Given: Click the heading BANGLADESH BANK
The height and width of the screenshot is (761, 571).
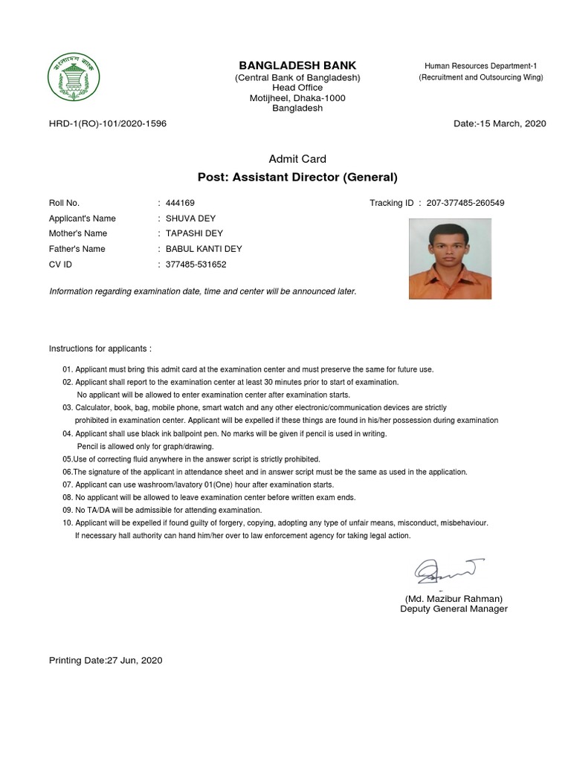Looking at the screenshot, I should pyautogui.click(x=297, y=65).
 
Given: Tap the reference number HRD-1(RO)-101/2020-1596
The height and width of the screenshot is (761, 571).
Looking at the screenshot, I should pyautogui.click(x=108, y=123).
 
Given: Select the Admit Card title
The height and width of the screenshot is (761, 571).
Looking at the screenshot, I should pyautogui.click(x=297, y=159).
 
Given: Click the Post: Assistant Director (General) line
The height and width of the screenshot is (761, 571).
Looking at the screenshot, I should pyautogui.click(x=297, y=177).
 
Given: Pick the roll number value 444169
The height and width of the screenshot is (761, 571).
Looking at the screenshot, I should pyautogui.click(x=181, y=203).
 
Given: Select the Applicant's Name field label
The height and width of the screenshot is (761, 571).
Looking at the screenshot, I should pyautogui.click(x=83, y=218).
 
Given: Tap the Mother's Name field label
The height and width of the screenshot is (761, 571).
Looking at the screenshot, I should pyautogui.click(x=78, y=233).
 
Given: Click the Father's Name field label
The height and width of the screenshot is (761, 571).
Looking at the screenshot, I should pyautogui.click(x=77, y=249).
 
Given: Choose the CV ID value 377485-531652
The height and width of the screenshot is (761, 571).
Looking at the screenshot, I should pyautogui.click(x=196, y=265).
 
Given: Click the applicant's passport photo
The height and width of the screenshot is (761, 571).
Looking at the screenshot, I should pyautogui.click(x=450, y=259).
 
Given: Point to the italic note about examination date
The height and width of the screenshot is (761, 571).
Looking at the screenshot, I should pyautogui.click(x=203, y=291).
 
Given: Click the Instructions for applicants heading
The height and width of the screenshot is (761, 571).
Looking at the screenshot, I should pyautogui.click(x=100, y=349).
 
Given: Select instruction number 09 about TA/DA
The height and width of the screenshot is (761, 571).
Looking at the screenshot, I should pyautogui.click(x=162, y=511).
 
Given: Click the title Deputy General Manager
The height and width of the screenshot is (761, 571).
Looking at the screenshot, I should pyautogui.click(x=454, y=609).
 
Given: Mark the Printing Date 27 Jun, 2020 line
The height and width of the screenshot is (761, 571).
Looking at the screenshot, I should pyautogui.click(x=106, y=660).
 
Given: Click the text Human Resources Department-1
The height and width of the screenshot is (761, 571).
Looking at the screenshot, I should pyautogui.click(x=480, y=66).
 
